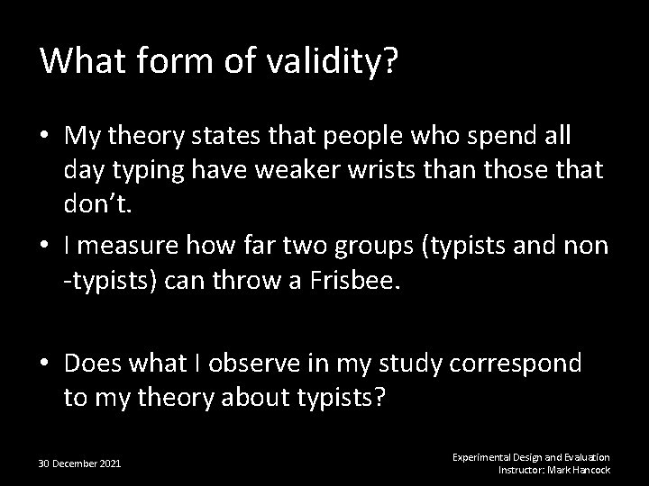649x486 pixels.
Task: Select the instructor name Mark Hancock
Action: (x=579, y=470)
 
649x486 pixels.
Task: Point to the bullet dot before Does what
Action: (x=45, y=365)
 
